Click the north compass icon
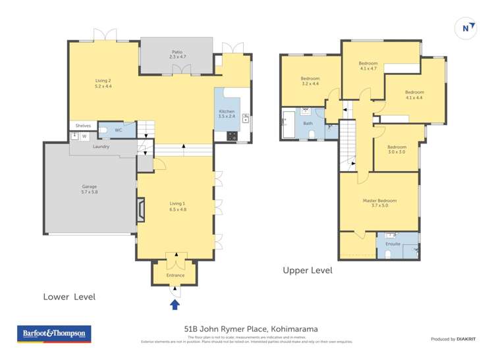tap(466, 28)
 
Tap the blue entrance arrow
tap(175, 304)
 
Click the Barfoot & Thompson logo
tap(55, 334)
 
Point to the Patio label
tap(177, 54)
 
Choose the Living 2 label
tap(103, 83)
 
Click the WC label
tap(118, 130)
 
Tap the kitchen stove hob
tap(232, 136)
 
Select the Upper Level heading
tap(307, 270)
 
